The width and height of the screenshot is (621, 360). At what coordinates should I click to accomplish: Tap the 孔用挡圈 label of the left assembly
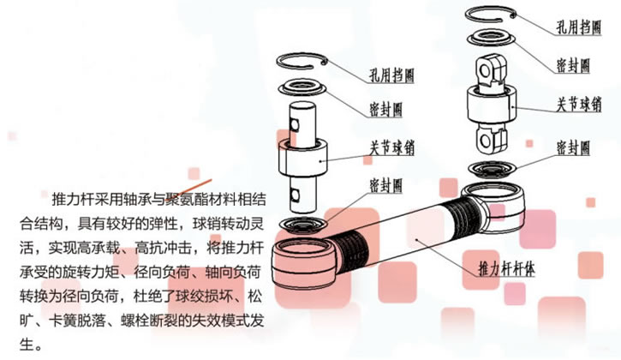coord(391,75)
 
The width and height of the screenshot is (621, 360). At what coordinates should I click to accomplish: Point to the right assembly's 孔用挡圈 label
coord(579,27)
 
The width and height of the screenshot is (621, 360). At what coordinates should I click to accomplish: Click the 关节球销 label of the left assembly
coord(391,148)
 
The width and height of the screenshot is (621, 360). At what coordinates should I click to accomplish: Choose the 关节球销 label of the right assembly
coord(579,104)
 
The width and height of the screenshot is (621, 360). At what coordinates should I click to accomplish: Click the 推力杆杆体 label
coord(506,268)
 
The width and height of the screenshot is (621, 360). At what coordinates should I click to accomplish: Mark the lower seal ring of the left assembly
coord(302,225)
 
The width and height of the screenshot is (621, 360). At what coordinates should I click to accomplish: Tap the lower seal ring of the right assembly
coord(492,170)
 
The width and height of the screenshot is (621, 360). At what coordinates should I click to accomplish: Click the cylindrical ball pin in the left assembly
coord(302,157)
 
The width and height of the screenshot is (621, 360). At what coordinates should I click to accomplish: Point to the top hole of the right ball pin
coord(485,71)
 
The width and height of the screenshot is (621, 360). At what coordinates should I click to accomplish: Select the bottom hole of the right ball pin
coord(485,140)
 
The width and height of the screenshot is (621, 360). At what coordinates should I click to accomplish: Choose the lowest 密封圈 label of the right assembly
coord(573,148)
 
